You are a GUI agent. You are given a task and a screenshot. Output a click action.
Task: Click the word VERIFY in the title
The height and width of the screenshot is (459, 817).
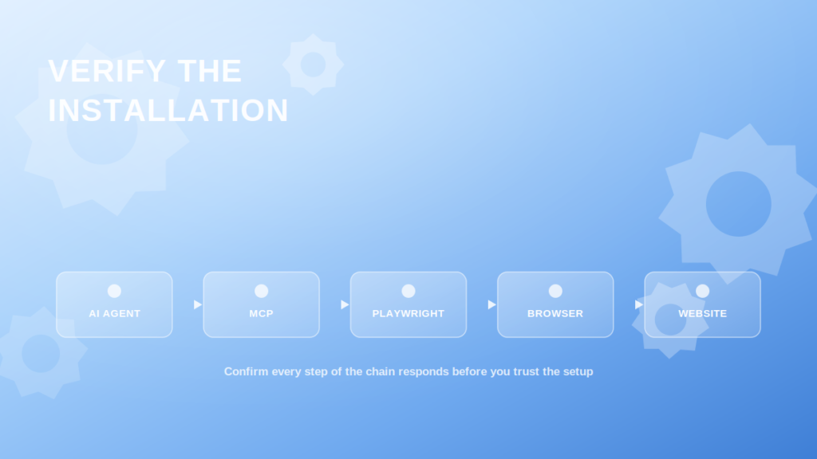[x=107, y=71]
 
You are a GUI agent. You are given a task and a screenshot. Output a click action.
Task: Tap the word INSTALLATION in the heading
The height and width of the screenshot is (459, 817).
[x=168, y=110]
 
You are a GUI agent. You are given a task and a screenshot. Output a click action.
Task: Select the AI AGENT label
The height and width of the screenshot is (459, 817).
[x=115, y=314]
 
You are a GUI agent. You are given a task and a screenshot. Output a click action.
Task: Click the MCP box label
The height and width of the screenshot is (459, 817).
[x=261, y=314]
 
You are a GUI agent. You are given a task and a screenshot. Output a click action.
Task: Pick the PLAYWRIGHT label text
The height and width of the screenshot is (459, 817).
[x=408, y=314]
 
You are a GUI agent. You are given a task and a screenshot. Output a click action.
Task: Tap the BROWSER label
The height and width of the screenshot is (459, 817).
[x=555, y=314]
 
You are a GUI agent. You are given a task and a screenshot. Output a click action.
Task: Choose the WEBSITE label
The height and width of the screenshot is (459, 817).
[x=702, y=314]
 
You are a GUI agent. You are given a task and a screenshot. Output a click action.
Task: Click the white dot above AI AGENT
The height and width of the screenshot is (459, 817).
[x=114, y=291]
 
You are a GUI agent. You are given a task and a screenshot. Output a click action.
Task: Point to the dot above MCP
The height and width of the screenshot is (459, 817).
[x=261, y=291]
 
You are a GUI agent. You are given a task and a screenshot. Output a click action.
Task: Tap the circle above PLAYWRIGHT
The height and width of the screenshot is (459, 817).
[x=408, y=291]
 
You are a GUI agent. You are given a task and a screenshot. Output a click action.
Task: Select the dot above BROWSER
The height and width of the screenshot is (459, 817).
[x=555, y=291]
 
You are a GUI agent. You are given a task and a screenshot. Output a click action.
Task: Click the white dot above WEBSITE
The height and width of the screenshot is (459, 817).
[x=702, y=291]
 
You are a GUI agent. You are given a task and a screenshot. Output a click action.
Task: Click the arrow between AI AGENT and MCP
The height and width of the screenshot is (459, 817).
[x=198, y=304]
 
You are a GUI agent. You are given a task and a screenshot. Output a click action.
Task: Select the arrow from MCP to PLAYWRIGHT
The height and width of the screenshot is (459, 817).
[x=345, y=304]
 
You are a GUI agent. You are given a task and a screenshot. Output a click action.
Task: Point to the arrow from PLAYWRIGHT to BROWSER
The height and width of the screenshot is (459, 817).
[x=491, y=304]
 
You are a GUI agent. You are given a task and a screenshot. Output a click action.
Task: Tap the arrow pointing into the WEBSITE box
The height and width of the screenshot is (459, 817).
[x=639, y=304]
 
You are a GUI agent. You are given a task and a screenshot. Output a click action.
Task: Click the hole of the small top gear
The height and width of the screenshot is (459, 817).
[x=313, y=65]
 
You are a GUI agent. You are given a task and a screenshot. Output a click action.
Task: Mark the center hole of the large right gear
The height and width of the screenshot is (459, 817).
[x=738, y=204]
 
